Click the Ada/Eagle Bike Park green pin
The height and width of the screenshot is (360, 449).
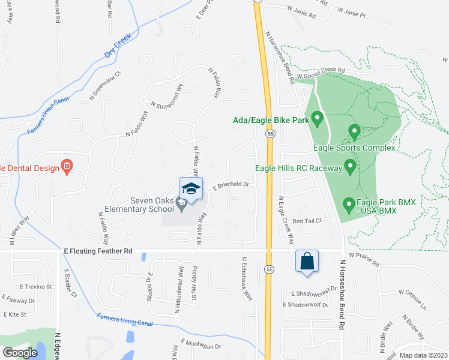(x=318, y=118)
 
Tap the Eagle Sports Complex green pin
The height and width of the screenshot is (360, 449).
(x=354, y=130)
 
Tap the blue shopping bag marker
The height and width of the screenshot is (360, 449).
(x=307, y=262)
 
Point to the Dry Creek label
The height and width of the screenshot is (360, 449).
(x=118, y=46)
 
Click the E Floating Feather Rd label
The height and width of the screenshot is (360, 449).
(x=97, y=252)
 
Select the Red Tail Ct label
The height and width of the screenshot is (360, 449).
(x=307, y=221)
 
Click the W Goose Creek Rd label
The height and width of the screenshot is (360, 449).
(x=321, y=74)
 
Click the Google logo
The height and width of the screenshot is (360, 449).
(x=20, y=353)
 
